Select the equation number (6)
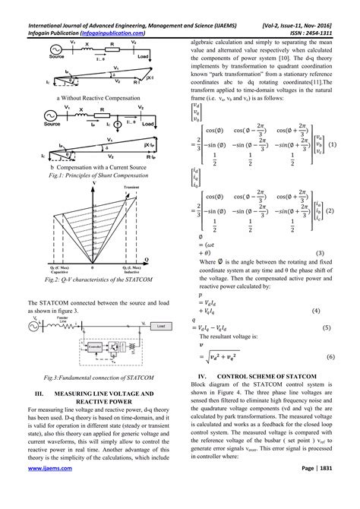[x=331, y=356]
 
